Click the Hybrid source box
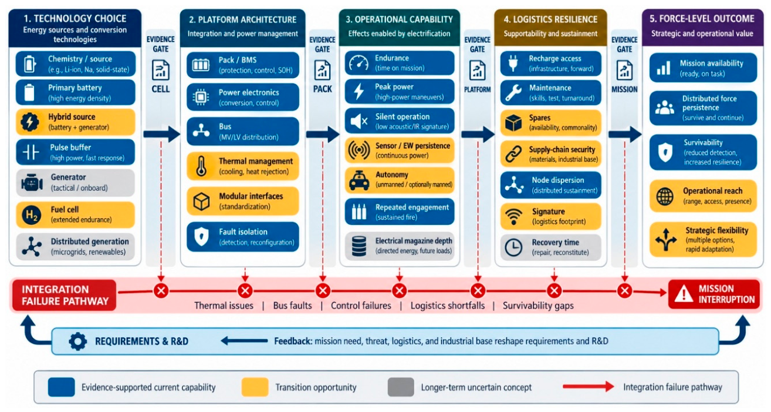tap(75, 122)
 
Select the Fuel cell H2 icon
tap(31, 215)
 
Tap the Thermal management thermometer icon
tap(201, 166)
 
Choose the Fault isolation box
tap(243, 237)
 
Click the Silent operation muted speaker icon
tap(359, 121)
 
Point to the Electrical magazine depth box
tap(400, 246)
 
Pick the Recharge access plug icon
tap(513, 63)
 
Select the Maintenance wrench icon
tap(513, 93)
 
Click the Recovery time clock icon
tap(513, 247)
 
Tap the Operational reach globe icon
tap(665, 196)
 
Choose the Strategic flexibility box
tap(703, 240)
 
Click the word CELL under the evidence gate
tap(161, 89)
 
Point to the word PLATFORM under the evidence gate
tap(478, 90)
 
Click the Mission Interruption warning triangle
tap(684, 294)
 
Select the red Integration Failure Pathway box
tap(65, 295)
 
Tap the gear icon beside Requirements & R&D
tap(78, 341)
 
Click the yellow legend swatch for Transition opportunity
tap(255, 387)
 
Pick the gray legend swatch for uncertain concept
tap(401, 387)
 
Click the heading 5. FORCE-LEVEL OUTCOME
tap(702, 19)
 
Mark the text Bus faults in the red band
tap(293, 306)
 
